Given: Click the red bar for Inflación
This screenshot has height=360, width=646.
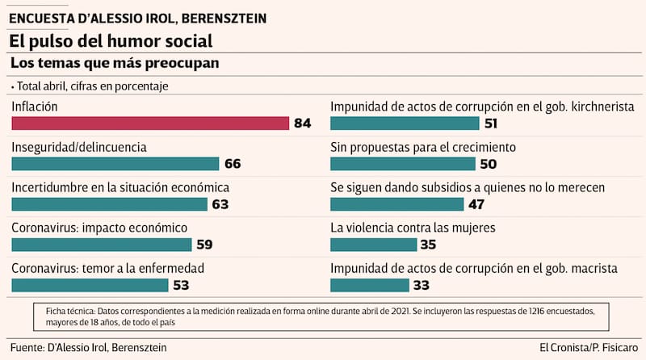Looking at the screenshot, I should (150, 123).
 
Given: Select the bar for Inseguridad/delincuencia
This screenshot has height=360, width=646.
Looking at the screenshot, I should (115, 163).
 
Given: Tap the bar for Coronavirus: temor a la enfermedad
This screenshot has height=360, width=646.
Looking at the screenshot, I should (90, 284).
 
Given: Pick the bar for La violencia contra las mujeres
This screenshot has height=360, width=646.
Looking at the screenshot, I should (373, 244).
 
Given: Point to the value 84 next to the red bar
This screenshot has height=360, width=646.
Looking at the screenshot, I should (303, 123).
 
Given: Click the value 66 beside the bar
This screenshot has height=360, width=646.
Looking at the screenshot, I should (233, 164).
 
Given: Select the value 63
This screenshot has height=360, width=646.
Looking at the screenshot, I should (220, 204).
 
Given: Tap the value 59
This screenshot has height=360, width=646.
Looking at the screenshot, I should (204, 245).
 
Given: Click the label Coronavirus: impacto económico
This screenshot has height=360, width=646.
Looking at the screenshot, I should (99, 228).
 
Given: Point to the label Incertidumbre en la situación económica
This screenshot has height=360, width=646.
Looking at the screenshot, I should (120, 187).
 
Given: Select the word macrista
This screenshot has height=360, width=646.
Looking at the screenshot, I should (594, 268).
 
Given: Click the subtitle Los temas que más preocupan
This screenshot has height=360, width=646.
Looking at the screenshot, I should (115, 63).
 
